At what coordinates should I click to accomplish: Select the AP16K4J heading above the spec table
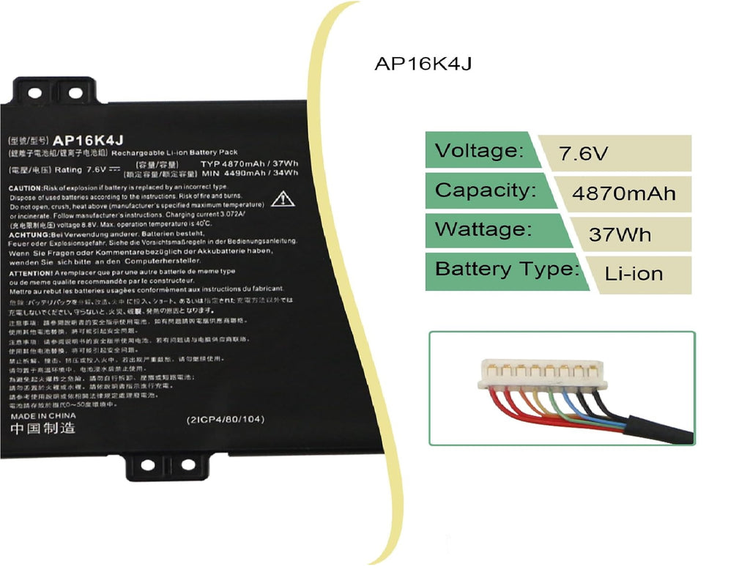click(x=423, y=64)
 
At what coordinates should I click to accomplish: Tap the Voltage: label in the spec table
click(x=479, y=151)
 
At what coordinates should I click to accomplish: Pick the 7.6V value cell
click(x=583, y=154)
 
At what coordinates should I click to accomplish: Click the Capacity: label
click(x=486, y=190)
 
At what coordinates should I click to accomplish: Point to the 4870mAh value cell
click(x=623, y=194)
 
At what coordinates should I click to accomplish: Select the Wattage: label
click(x=483, y=229)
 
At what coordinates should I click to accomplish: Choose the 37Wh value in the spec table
click(x=620, y=235)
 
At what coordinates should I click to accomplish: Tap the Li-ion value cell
click(x=634, y=274)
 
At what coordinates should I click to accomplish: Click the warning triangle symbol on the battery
click(x=282, y=199)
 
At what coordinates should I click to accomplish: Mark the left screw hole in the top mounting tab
click(x=34, y=93)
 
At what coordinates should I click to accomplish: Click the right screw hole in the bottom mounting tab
click(x=188, y=464)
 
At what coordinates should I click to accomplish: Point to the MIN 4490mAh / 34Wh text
click(x=250, y=173)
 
